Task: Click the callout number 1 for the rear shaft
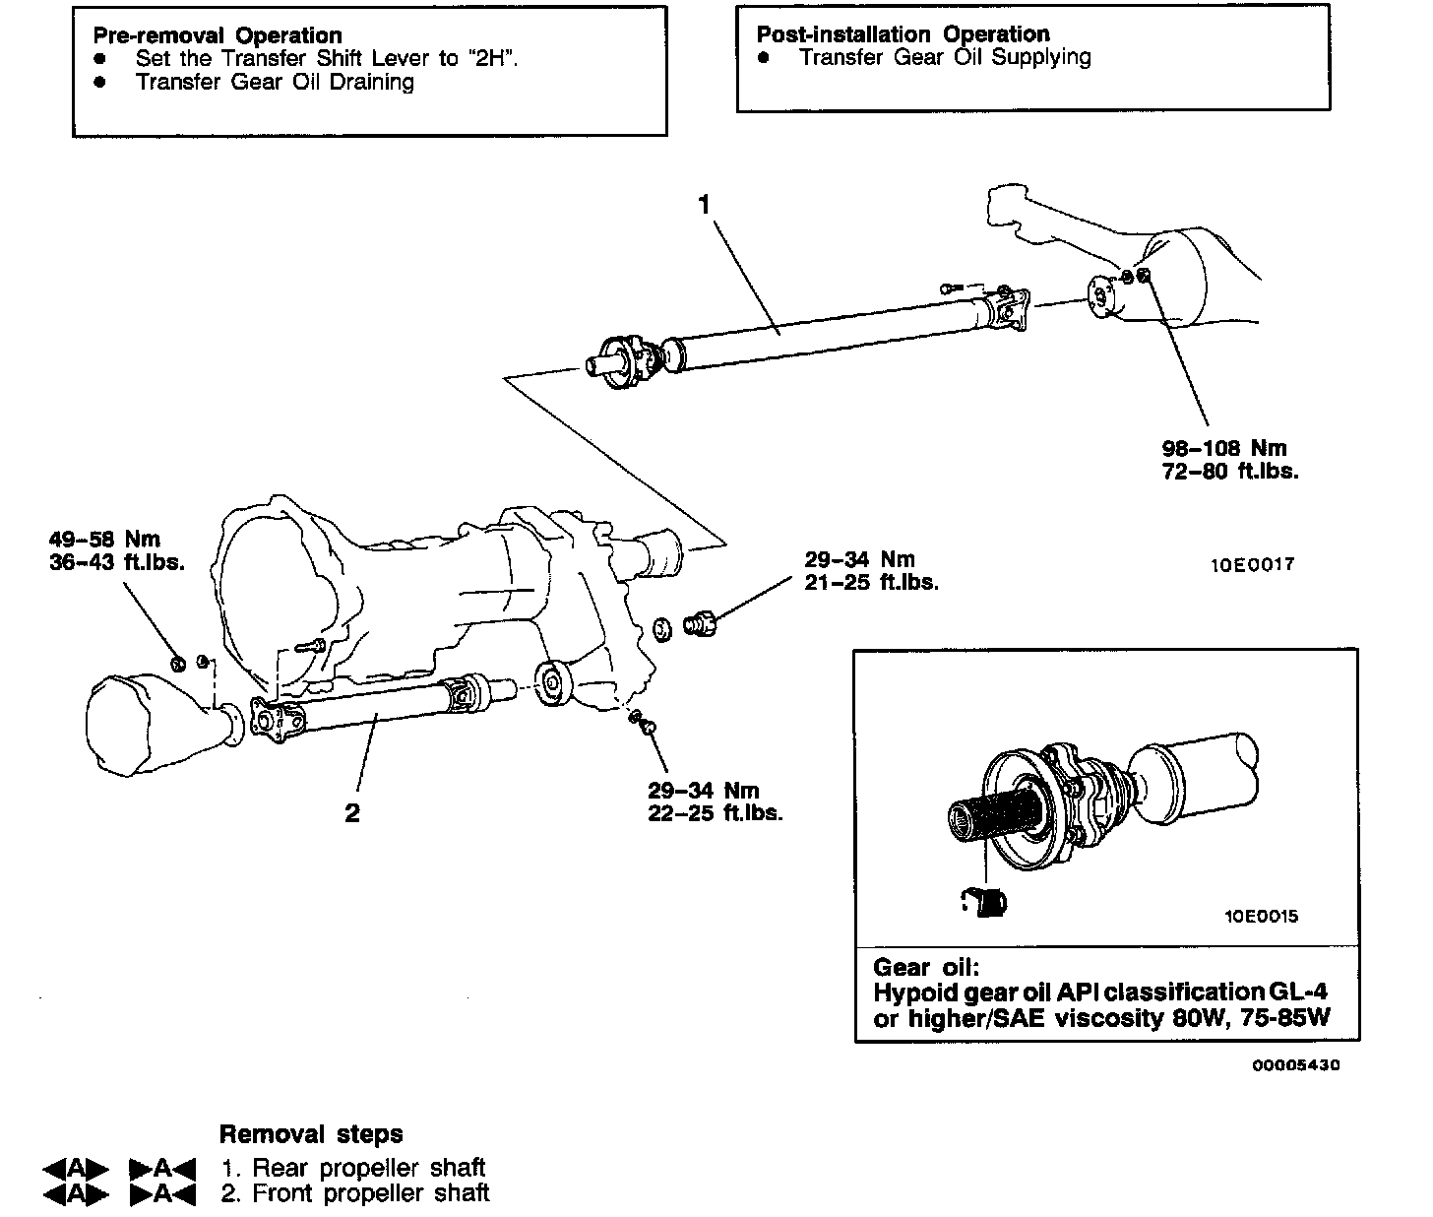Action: tap(704, 205)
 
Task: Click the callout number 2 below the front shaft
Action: tap(351, 813)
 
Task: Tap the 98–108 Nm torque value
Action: tap(1223, 448)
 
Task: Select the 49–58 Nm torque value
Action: tap(104, 540)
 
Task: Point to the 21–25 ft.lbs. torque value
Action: tap(871, 582)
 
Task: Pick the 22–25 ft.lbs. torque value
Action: tap(716, 813)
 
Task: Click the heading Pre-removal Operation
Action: tap(218, 36)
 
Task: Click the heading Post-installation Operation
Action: tap(903, 34)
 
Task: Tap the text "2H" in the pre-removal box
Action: tap(490, 58)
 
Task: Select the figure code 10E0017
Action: tap(1252, 565)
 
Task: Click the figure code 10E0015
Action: tap(1261, 917)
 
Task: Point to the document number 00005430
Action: tap(1296, 1065)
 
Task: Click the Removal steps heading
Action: tap(311, 1134)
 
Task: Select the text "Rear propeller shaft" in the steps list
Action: tap(368, 1169)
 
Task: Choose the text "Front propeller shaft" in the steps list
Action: tap(371, 1193)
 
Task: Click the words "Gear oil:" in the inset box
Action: tap(926, 967)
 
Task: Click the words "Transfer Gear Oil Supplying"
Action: tap(945, 57)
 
